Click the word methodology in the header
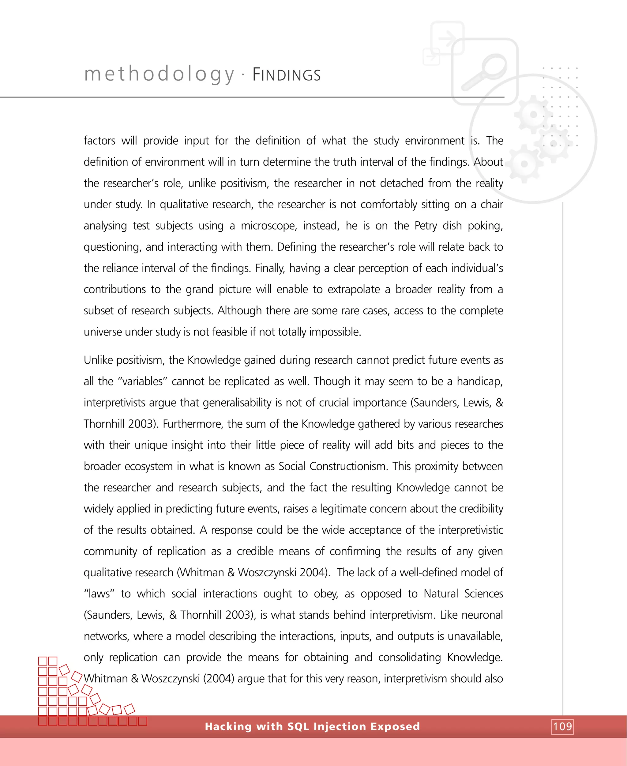159,74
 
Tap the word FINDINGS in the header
287,75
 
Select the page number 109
562,726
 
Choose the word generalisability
237,403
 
